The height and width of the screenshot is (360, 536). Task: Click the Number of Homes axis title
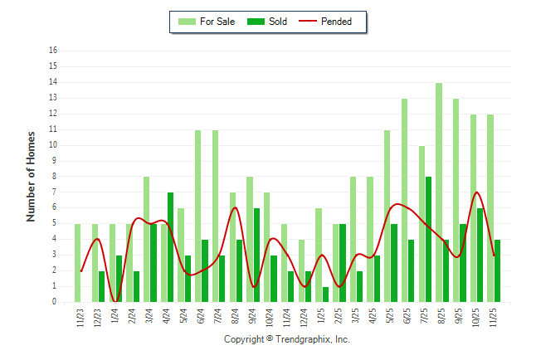tap(32, 176)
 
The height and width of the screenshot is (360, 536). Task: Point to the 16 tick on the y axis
tap(53, 51)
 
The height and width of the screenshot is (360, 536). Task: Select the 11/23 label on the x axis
tap(78, 319)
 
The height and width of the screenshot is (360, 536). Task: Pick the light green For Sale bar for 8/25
tap(439, 192)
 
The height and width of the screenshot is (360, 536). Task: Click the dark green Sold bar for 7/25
tap(428, 239)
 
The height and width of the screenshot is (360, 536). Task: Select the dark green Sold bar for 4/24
tap(171, 247)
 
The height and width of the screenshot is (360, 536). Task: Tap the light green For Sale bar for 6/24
tap(198, 216)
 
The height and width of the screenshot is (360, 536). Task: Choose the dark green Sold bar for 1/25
tap(325, 294)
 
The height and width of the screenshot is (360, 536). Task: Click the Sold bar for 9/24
tap(256, 255)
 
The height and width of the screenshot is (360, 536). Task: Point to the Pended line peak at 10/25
tap(477, 192)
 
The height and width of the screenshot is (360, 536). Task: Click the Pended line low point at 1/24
tap(115, 301)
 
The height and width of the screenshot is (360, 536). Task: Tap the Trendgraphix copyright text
tap(287, 339)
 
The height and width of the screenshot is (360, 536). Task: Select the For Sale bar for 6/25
tap(405, 200)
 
